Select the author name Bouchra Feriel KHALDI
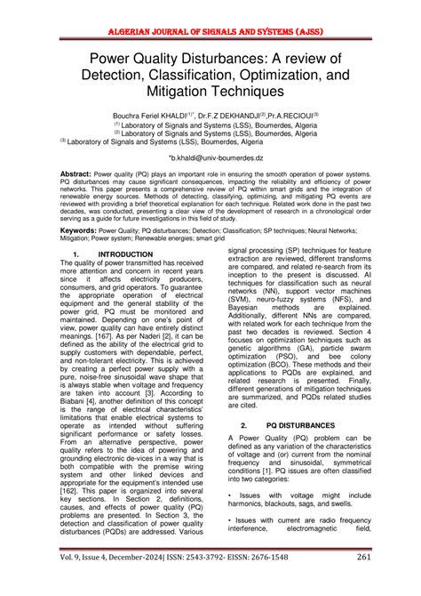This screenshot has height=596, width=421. pyautogui.click(x=147, y=116)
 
